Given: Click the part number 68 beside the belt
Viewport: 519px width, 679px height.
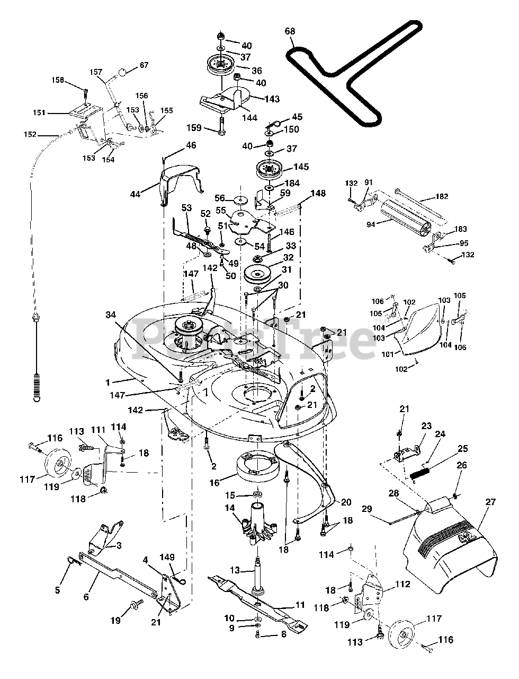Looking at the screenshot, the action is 290,31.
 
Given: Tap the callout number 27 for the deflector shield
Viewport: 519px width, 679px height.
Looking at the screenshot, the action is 490,502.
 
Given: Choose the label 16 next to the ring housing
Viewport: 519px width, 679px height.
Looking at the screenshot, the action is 214,483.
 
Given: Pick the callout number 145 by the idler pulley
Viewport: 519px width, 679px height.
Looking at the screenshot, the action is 301,167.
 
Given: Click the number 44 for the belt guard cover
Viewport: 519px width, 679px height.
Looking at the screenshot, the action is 136,194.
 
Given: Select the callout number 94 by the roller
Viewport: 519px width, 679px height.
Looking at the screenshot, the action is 371,224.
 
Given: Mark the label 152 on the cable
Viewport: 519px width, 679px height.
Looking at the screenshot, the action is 30,134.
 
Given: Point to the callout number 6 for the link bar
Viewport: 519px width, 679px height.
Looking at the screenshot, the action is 86,597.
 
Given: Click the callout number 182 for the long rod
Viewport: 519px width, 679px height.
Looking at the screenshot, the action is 442,196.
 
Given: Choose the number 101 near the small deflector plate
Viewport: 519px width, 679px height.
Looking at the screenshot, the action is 388,354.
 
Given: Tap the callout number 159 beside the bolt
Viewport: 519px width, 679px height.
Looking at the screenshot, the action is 194,128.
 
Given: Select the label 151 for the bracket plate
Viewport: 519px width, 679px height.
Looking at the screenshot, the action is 39,112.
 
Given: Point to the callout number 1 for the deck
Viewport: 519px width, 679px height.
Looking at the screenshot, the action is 108,382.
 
